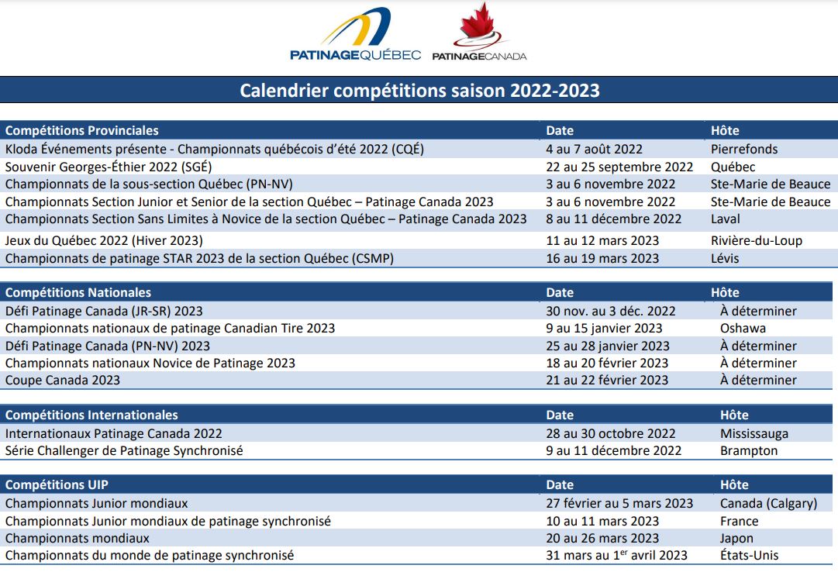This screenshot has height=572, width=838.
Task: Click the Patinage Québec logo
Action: point(355,33)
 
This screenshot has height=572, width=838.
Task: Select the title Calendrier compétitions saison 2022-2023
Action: point(419,91)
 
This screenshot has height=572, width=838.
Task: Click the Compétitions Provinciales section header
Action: point(81,130)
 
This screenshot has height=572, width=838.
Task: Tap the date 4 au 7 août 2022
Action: point(595,149)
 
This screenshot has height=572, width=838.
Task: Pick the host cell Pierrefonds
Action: point(744,149)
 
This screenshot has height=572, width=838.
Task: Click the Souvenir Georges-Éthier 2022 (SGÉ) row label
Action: point(109,167)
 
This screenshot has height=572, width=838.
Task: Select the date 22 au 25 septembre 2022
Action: point(619,167)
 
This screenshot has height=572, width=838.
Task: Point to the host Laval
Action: point(726,219)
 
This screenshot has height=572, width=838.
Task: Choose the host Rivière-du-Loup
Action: point(757,240)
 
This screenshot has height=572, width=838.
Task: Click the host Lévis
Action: point(725,258)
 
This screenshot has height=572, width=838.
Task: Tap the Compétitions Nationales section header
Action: point(78,292)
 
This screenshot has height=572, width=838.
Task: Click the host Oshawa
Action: point(743,328)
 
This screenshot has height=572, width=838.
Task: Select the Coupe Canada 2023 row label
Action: point(63,380)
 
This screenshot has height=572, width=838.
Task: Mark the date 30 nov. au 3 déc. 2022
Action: point(611,311)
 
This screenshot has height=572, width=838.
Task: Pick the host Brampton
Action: point(749,450)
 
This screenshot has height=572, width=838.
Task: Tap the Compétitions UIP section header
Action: point(57,485)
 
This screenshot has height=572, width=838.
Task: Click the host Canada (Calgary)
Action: point(768,504)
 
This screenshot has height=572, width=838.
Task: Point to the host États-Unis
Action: point(750,556)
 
